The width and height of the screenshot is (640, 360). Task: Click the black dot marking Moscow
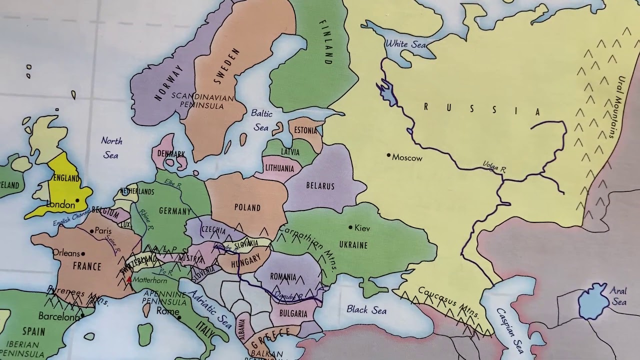pyautogui.click(x=388, y=155)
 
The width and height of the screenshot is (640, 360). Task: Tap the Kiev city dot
pyautogui.click(x=350, y=227)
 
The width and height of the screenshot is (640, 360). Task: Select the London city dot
pyautogui.click(x=77, y=200)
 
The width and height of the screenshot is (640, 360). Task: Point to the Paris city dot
pyautogui.click(x=92, y=231)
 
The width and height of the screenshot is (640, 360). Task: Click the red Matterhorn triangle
pyautogui.click(x=129, y=279)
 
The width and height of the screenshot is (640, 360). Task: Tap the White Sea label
pyautogui.click(x=405, y=44)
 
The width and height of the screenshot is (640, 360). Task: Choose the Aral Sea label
pyautogui.click(x=618, y=296)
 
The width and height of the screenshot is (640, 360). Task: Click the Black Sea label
pyautogui.click(x=366, y=310)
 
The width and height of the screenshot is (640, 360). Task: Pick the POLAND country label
pyautogui.click(x=247, y=207)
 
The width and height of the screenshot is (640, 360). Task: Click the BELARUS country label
pyautogui.click(x=320, y=186)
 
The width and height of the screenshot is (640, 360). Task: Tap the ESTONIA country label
pyautogui.click(x=305, y=130)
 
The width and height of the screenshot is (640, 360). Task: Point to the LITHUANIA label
pyautogui.click(x=279, y=168)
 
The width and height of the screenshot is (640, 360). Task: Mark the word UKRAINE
pyautogui.click(x=353, y=245)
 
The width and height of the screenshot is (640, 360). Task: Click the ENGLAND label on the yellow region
pyautogui.click(x=66, y=178)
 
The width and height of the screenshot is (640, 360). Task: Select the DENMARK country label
pyautogui.click(x=171, y=154)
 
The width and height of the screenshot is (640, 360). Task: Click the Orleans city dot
pyautogui.click(x=83, y=254)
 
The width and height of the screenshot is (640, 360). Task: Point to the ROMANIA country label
pyautogui.click(x=283, y=276)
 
